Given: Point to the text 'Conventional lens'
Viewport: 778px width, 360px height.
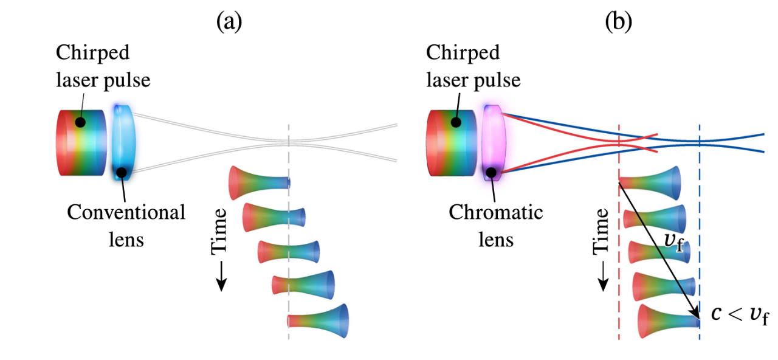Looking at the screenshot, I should pos(126,225).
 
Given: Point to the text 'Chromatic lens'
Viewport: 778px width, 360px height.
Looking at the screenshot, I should pos(495,225).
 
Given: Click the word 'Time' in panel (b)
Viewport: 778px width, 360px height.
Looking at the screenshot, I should pos(601,231).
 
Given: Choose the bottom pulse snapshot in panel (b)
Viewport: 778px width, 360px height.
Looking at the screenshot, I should pos(669,320).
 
